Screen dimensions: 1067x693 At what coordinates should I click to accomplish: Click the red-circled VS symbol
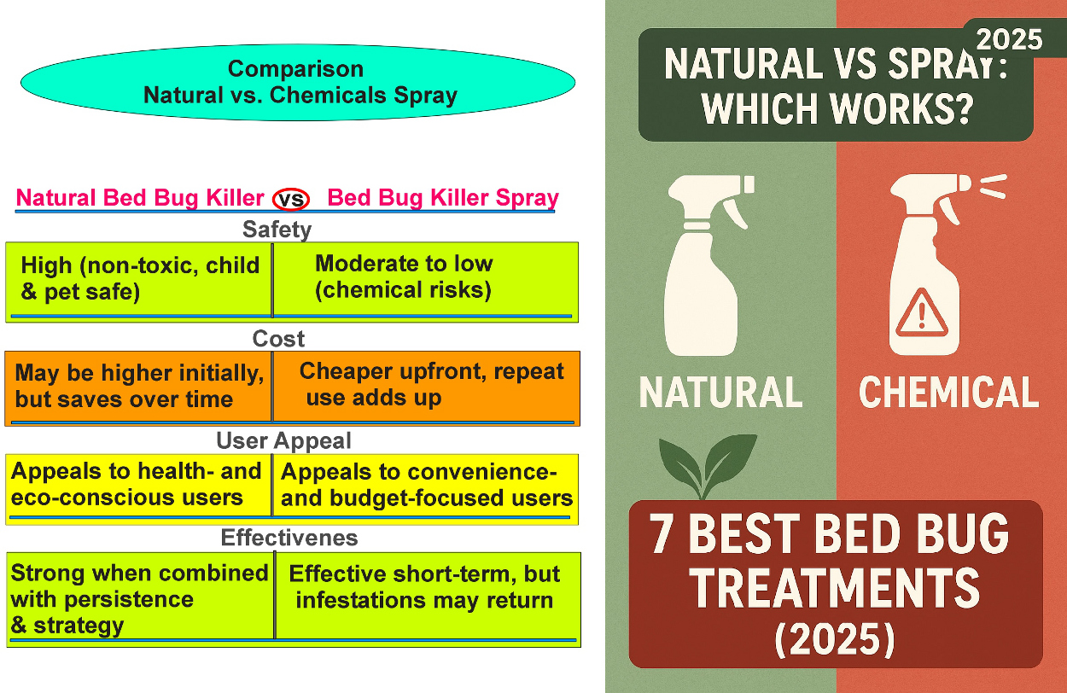point(290,199)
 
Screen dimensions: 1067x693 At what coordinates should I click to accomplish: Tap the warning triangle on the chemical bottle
point(922,313)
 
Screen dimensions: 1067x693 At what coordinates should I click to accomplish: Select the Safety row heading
point(277,230)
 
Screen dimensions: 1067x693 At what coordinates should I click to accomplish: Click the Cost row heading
point(278,339)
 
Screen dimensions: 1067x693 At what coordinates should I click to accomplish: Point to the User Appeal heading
point(284,440)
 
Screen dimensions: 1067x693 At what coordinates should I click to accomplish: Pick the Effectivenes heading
point(289,538)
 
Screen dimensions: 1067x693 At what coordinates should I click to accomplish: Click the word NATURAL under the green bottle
point(720,392)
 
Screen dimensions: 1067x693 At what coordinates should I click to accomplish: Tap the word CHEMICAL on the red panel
point(948,392)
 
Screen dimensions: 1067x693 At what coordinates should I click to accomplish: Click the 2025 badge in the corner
point(1009,39)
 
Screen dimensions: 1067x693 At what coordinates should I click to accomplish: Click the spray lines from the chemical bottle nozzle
point(993,186)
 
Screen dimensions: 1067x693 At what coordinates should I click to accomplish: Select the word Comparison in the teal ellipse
point(295,68)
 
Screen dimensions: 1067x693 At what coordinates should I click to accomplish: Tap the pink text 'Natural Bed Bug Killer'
point(140,198)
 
